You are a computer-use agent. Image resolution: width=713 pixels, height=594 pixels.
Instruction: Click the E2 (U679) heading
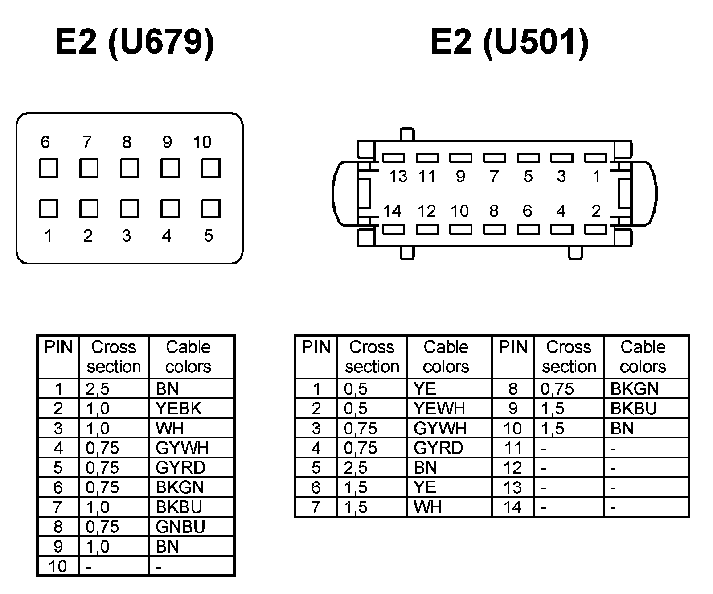click(135, 42)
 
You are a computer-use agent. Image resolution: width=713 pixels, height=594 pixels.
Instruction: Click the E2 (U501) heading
click(509, 42)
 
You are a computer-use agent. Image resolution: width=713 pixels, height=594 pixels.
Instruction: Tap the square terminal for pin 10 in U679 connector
click(210, 169)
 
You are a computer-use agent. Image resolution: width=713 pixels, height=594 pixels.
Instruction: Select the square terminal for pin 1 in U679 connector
click(48, 209)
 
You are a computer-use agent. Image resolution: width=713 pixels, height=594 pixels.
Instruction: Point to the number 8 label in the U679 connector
click(127, 142)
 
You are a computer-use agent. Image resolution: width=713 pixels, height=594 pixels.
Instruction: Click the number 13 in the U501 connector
click(398, 177)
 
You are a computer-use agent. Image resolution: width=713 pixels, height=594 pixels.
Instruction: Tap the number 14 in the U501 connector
click(393, 211)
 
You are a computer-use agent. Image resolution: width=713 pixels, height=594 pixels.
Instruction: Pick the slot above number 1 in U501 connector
click(595, 157)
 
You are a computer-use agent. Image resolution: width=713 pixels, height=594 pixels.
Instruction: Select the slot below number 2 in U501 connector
click(595, 230)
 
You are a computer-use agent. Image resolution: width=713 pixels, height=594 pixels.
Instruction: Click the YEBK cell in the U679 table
click(179, 408)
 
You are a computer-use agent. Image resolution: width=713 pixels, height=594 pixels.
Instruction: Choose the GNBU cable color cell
click(180, 527)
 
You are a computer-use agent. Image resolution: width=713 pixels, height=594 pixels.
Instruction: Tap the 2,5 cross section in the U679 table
click(98, 389)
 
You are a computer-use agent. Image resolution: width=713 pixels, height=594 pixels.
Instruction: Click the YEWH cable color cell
click(439, 408)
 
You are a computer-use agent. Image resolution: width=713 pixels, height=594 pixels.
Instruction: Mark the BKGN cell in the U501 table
click(635, 389)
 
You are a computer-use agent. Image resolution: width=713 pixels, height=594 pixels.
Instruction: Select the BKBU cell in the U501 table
click(634, 408)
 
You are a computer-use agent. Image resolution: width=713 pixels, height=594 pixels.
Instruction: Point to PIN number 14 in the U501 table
click(512, 507)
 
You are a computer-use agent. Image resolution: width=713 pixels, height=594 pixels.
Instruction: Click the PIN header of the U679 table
click(58, 347)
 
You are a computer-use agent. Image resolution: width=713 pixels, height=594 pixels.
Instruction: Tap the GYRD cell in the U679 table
click(180, 467)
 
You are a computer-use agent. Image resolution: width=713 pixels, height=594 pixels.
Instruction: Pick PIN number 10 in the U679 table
click(58, 566)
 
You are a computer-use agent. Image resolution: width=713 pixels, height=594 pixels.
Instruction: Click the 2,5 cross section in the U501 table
click(356, 467)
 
